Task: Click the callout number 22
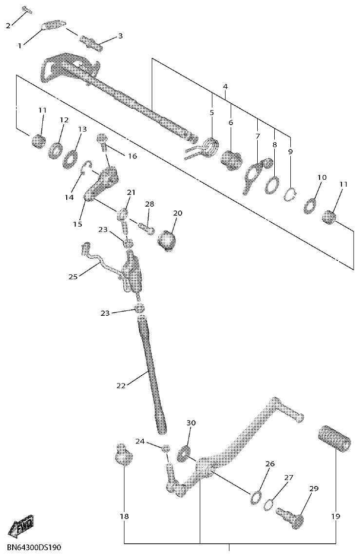(121, 385)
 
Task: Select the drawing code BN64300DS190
(34, 548)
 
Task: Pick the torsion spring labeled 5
(210, 147)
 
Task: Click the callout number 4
(225, 86)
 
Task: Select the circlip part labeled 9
(290, 194)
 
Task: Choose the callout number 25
(73, 277)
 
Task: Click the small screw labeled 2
(26, 10)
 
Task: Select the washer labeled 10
(310, 206)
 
